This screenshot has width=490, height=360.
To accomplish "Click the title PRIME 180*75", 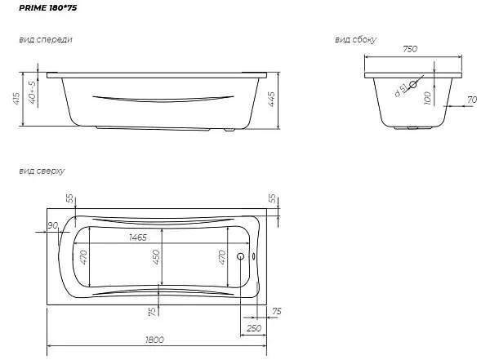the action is point(48,8).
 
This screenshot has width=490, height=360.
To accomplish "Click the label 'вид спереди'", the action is point(46,40).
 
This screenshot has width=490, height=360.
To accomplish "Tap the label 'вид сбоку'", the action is point(355,40).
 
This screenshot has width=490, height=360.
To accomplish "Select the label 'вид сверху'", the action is point(42,171).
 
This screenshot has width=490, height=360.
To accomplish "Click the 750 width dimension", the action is point(410,49).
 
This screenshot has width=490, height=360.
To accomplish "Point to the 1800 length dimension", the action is point(154,340).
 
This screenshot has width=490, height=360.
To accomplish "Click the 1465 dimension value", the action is point(138,238).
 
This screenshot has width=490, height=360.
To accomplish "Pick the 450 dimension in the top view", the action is point(156,256).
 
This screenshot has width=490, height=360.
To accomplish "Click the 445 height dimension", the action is point(271,99).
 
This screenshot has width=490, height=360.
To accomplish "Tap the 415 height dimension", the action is point(16,99).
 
